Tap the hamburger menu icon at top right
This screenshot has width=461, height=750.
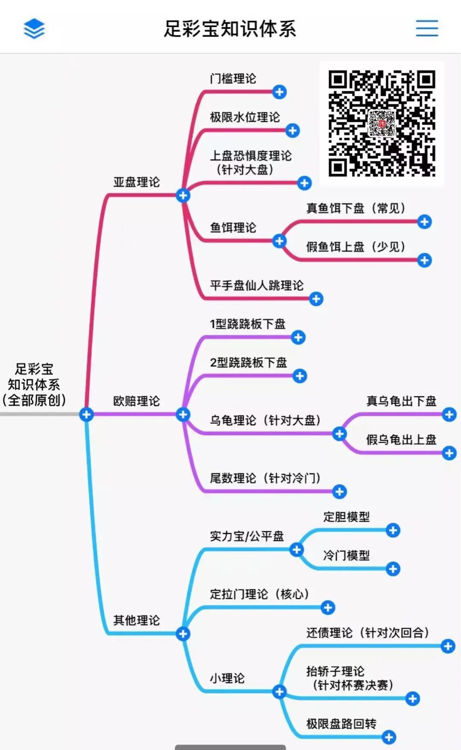tap(427, 28)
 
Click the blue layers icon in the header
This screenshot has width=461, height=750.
tap(34, 29)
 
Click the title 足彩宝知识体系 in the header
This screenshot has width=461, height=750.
tap(230, 29)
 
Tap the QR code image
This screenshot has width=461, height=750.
tap(382, 123)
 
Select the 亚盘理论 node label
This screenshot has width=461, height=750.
tap(136, 182)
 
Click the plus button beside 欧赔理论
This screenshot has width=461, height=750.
tap(183, 414)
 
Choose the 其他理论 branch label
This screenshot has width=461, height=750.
tap(136, 620)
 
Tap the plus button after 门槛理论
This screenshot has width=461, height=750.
tap(279, 92)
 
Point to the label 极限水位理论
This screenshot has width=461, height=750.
tap(244, 117)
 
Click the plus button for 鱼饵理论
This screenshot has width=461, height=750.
tap(279, 241)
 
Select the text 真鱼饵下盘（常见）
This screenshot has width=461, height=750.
tap(355, 208)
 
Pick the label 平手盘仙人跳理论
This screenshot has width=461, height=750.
tap(256, 285)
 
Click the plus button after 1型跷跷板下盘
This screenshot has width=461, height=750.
tap(298, 337)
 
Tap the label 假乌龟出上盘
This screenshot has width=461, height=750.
tap(401, 439)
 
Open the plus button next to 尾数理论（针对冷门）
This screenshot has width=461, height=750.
tap(340, 492)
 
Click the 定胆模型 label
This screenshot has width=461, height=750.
tap(346, 517)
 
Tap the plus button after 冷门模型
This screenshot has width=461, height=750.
tap(393, 569)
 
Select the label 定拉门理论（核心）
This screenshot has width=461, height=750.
tap(259, 594)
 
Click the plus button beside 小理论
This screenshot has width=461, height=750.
tap(279, 692)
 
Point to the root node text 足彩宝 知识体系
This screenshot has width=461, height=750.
tap(34, 384)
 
